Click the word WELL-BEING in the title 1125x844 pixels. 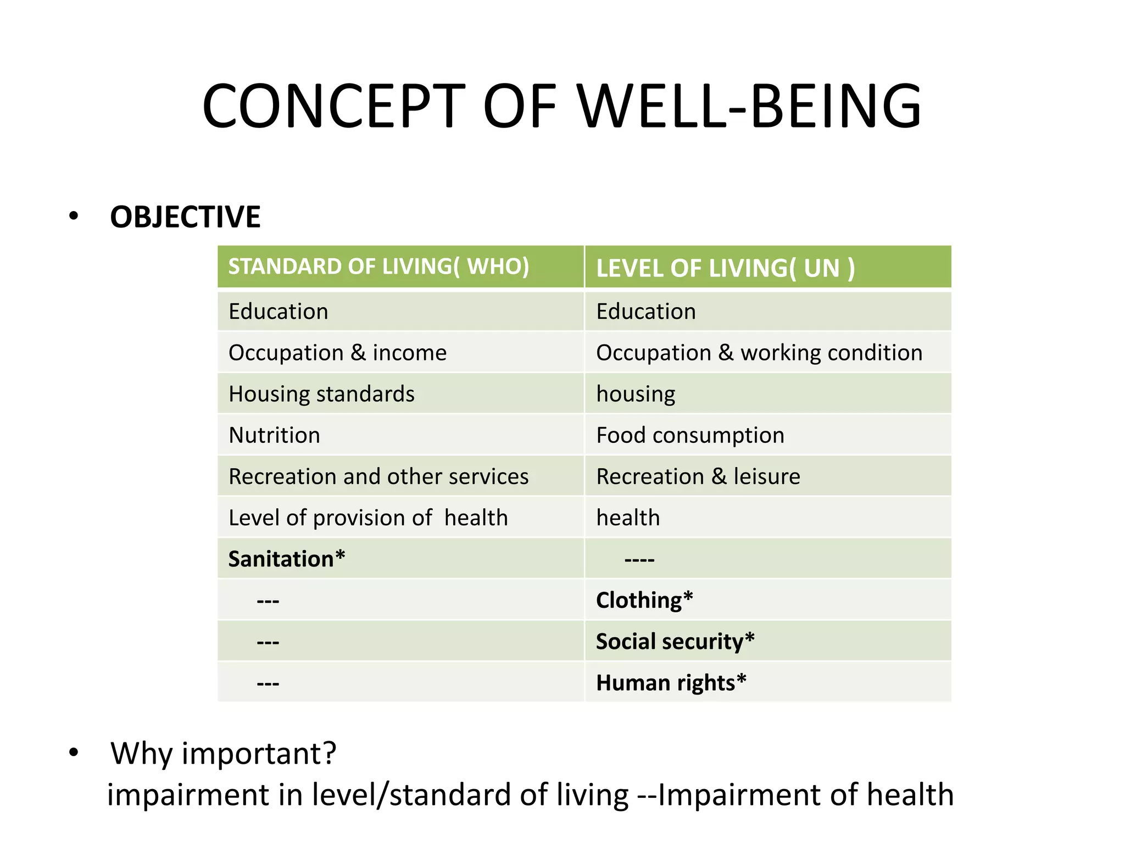point(750,107)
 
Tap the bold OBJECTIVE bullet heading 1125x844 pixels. point(185,217)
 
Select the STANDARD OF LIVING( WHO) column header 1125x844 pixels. point(378,266)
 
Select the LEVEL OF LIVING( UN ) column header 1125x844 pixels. point(725,268)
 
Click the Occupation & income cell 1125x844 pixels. point(337,353)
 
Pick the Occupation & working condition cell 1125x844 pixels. point(759,353)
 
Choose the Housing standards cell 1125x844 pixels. point(321,394)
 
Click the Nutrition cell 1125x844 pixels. point(274,435)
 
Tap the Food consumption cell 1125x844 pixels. point(690,435)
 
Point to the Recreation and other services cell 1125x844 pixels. point(378,476)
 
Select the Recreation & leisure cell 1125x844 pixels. point(698,476)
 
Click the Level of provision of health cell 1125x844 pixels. point(368,518)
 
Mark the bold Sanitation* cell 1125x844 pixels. point(287,559)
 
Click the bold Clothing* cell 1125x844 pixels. point(644,600)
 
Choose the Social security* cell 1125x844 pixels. point(675,641)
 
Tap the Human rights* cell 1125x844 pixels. point(671,682)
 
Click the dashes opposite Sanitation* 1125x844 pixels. point(639,560)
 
